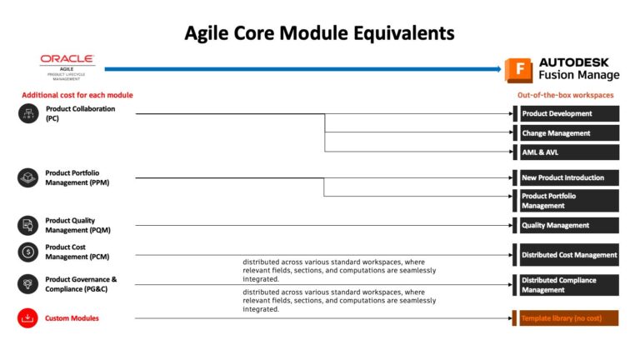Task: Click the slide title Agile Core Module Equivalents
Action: click(319, 33)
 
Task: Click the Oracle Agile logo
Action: click(67, 65)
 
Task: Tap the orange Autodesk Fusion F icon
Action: click(517, 69)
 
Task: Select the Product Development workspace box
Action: click(568, 113)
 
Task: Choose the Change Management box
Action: click(568, 133)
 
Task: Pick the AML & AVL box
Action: click(568, 152)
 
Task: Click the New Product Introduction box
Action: click(568, 177)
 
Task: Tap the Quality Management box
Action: click(568, 225)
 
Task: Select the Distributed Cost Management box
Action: click(568, 255)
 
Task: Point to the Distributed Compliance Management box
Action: click(568, 285)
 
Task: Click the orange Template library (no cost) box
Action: click(568, 318)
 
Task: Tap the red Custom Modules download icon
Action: click(27, 318)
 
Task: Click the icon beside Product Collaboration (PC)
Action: click(27, 113)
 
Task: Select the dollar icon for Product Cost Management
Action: click(27, 252)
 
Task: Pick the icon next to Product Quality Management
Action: click(27, 225)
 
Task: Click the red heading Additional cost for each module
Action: click(77, 95)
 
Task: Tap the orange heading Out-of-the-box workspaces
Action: click(565, 95)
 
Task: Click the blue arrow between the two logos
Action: click(300, 69)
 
